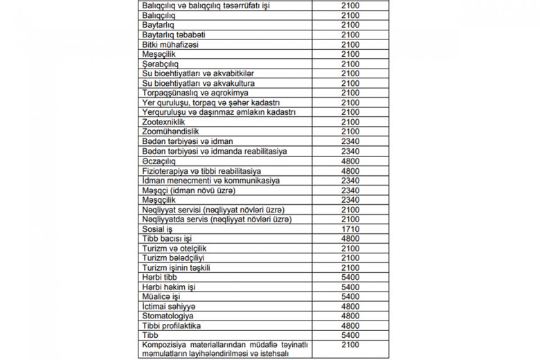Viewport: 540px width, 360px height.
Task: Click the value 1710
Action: click(x=350, y=228)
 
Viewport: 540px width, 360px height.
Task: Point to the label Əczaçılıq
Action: click(x=158, y=161)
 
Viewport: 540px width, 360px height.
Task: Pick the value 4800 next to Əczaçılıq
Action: click(x=350, y=161)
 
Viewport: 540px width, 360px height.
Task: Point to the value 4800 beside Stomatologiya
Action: click(x=350, y=316)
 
